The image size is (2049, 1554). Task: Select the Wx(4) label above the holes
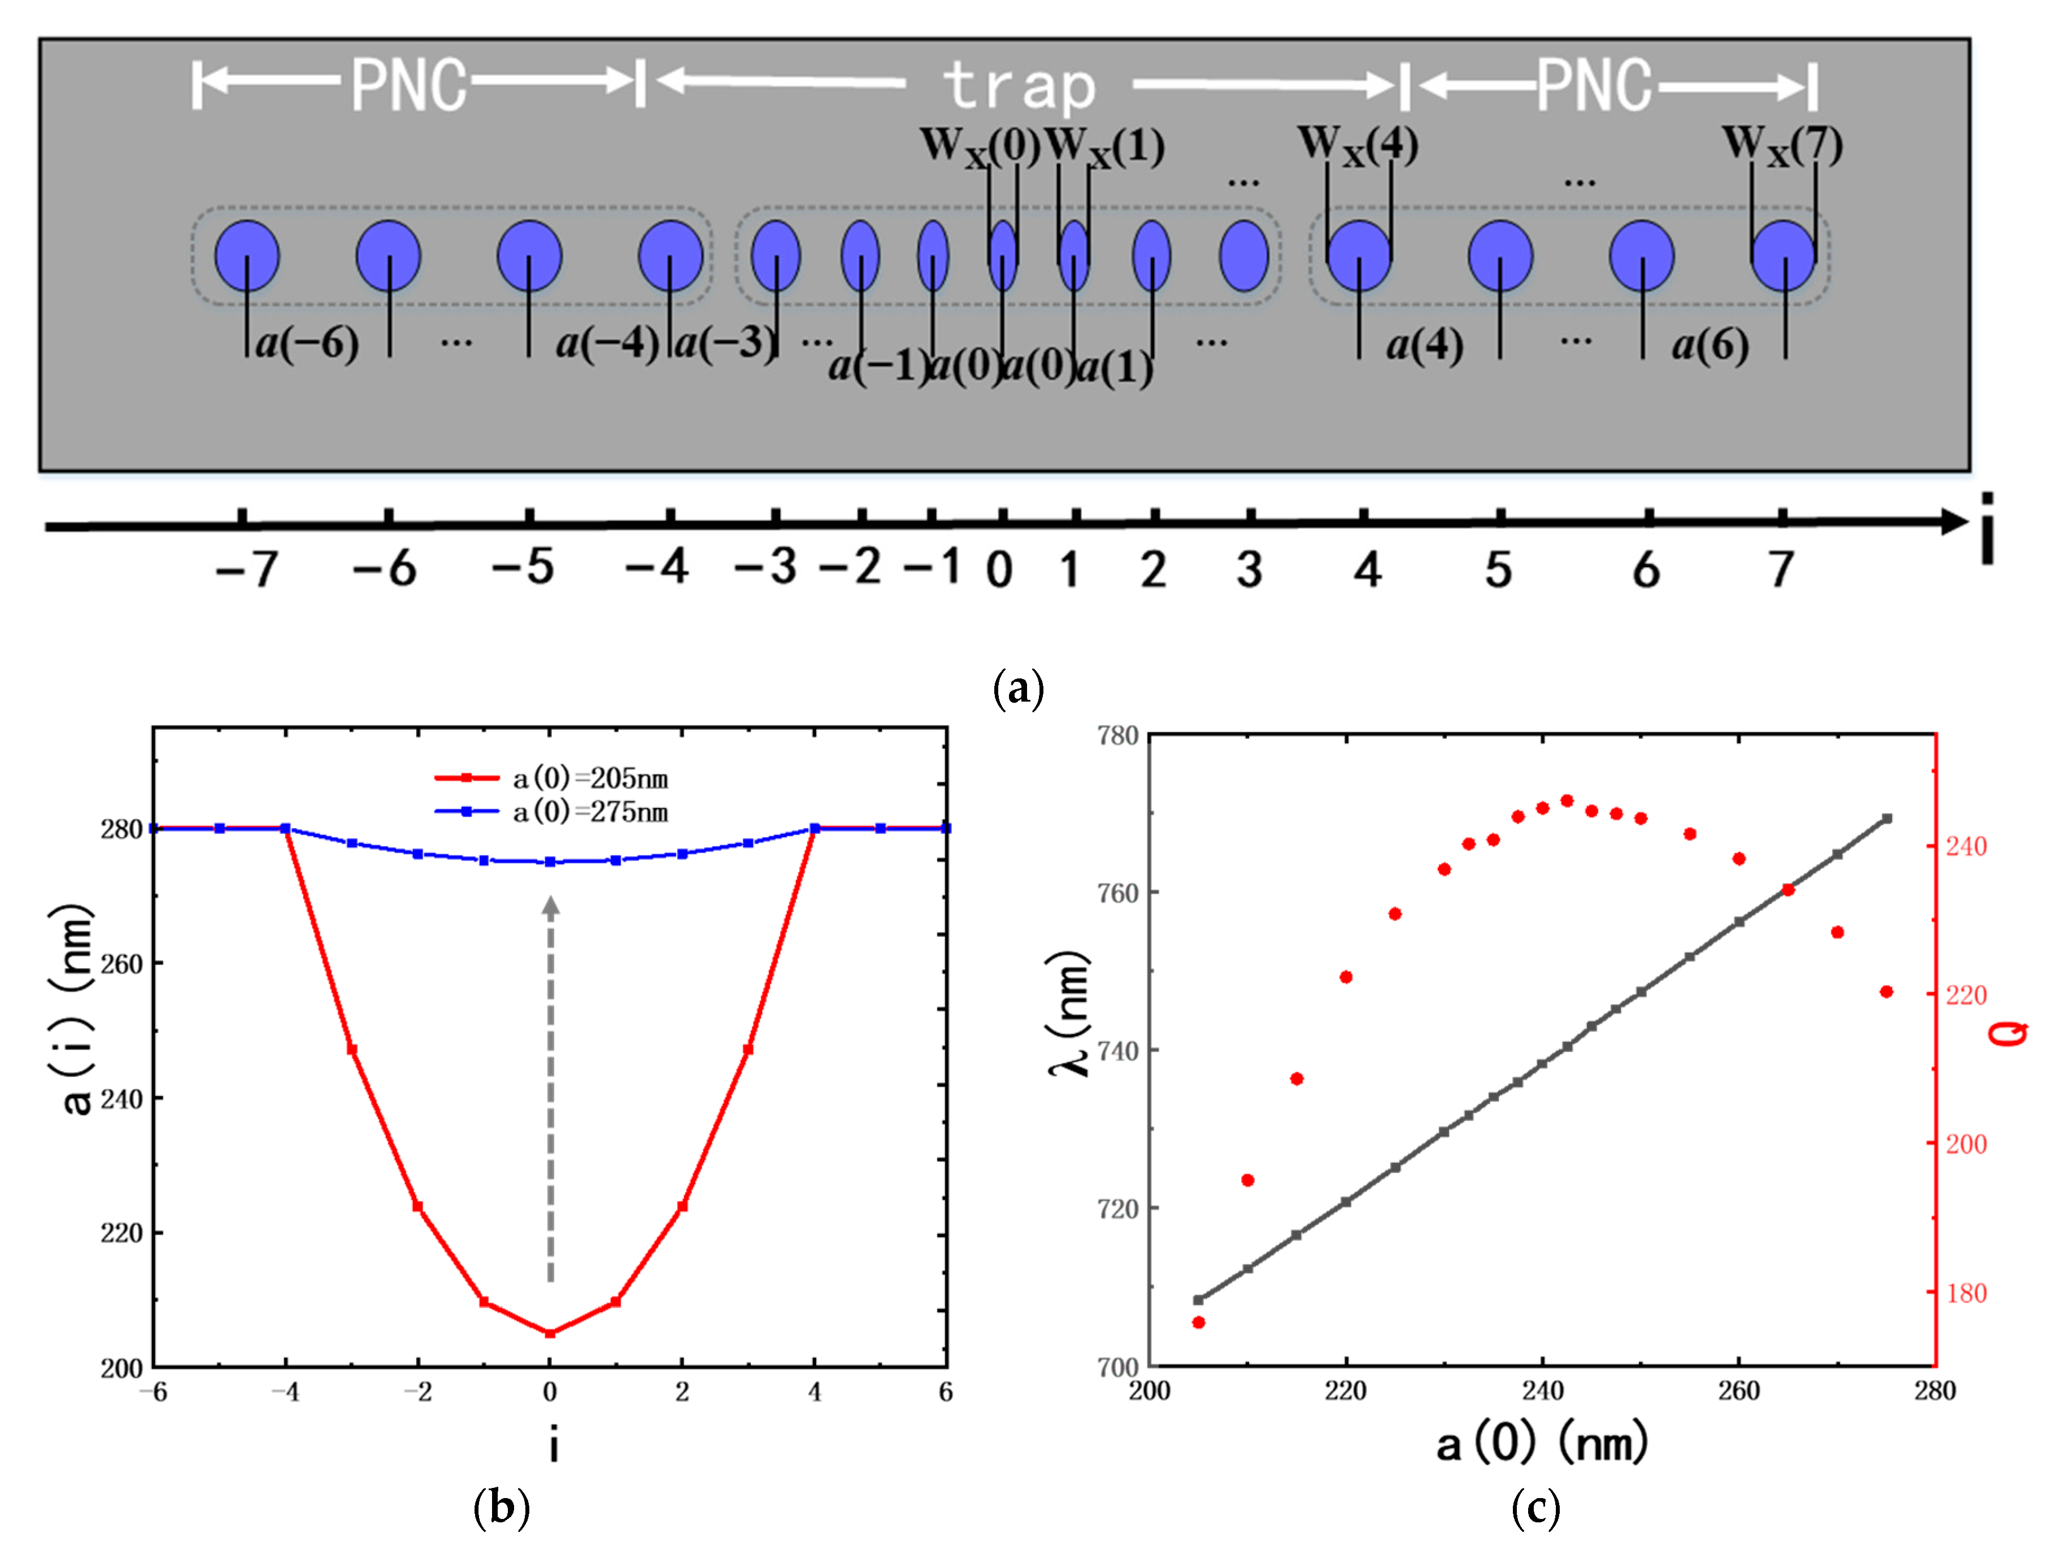pos(1357,145)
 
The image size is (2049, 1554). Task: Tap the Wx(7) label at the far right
pos(1781,145)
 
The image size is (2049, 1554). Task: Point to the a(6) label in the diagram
pos(1710,346)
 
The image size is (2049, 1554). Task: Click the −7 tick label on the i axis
pos(246,569)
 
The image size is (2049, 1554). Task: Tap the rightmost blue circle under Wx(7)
pos(1783,255)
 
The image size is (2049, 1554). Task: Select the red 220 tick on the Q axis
pos(1965,995)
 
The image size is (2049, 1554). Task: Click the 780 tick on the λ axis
pos(1117,736)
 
